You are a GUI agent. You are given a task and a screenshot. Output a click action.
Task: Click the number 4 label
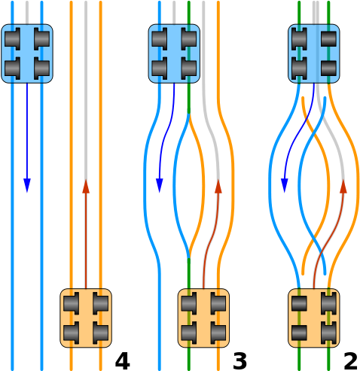123,361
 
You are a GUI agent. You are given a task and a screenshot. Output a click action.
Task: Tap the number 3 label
239,361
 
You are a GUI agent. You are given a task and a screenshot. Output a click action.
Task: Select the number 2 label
350,361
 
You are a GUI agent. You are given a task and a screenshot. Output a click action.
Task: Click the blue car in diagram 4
27,53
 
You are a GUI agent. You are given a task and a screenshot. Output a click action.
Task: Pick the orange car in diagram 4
86,318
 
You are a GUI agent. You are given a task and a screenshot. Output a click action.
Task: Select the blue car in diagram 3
174,53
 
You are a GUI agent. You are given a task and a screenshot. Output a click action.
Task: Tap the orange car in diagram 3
203,318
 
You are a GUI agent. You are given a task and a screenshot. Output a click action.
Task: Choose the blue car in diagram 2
314,53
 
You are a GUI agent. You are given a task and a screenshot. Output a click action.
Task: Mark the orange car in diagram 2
314,318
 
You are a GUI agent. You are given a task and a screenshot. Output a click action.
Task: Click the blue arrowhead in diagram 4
27,185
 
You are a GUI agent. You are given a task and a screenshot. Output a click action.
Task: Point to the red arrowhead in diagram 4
86,186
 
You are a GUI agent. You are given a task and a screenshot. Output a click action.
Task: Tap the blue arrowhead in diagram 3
160,185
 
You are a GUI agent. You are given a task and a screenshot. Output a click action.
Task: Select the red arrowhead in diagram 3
218,186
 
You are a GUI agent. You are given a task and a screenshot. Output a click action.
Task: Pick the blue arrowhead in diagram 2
284,185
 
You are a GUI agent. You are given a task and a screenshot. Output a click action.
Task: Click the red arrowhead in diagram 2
343,186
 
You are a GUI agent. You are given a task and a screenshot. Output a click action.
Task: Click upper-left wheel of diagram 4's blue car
12,39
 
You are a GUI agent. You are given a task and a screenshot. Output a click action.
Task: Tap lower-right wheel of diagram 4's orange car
100,333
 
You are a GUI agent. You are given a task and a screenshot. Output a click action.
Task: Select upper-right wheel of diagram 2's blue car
328,39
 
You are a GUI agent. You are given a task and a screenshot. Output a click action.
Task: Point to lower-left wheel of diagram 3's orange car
189,333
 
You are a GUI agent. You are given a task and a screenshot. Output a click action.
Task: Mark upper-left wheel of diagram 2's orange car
299,303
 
